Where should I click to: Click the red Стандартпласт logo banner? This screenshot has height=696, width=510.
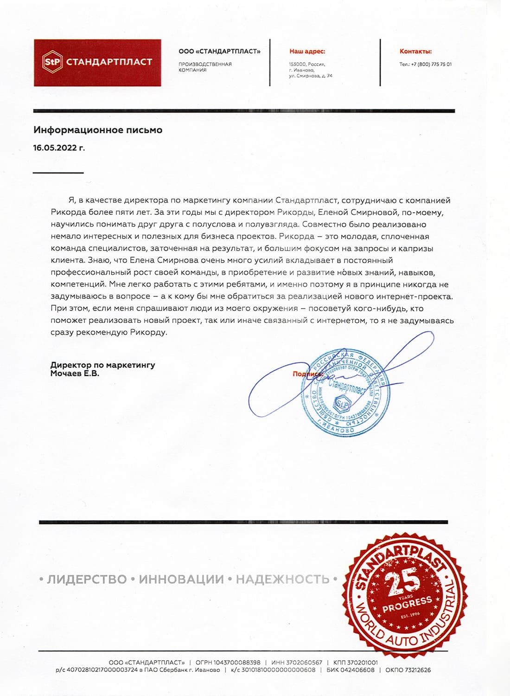pos(97,63)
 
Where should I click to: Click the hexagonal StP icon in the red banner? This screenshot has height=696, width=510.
pos(52,62)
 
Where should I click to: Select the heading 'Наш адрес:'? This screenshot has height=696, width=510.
pos(307,52)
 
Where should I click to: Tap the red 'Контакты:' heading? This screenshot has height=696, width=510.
pos(415,52)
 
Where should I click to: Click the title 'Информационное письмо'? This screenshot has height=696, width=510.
pos(98,130)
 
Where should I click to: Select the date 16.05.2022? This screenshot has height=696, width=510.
pos(59,148)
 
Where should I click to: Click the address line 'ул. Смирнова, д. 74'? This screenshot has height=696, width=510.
pos(310,76)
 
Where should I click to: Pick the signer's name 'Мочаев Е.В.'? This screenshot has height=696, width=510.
pos(75,373)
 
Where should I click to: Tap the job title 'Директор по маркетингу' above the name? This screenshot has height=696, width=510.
pos(102,365)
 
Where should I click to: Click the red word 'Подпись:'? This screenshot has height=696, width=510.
pos(307,374)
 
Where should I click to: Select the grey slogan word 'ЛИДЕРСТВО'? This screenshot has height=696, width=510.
pos(87,579)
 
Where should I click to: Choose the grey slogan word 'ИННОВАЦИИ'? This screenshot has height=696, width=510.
pos(181,579)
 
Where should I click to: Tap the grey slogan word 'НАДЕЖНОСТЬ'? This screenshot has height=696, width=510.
pos(282,579)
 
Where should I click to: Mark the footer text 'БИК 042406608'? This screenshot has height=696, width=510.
pos(350,670)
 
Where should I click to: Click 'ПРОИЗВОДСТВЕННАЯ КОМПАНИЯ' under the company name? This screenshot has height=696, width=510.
pos(205,67)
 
